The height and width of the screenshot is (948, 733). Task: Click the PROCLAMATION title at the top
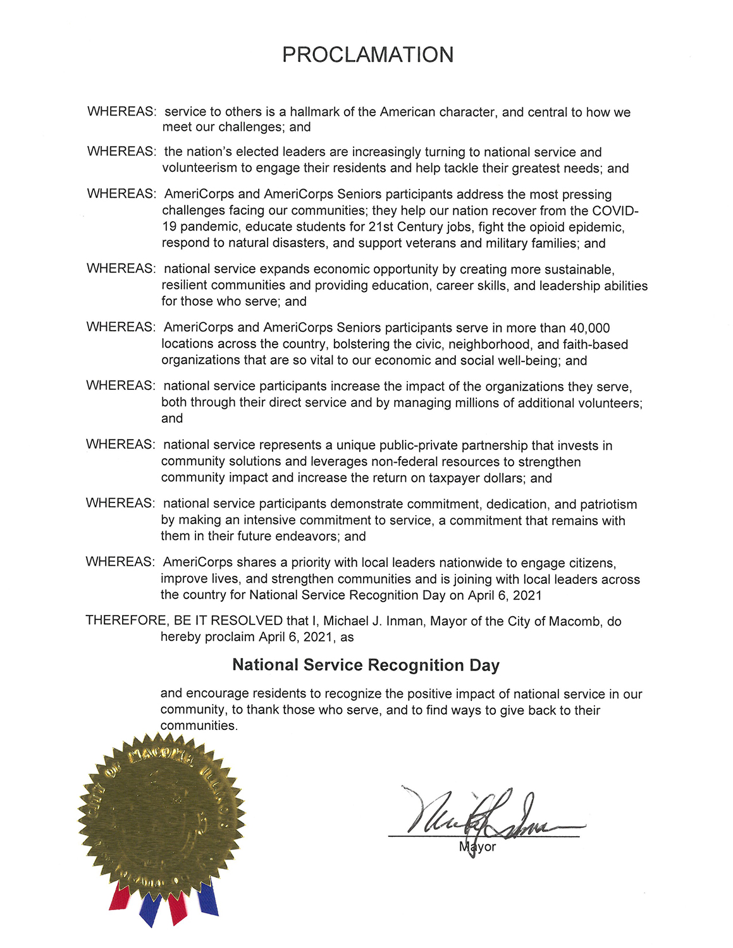click(367, 55)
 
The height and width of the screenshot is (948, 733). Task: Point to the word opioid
click(555, 227)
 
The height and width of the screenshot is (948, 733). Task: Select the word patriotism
click(608, 504)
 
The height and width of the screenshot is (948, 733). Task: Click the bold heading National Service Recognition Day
click(366, 665)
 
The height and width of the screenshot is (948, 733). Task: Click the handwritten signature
click(481, 815)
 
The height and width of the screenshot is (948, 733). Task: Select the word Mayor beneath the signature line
click(477, 847)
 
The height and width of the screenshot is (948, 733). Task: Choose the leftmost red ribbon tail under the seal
click(119, 897)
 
